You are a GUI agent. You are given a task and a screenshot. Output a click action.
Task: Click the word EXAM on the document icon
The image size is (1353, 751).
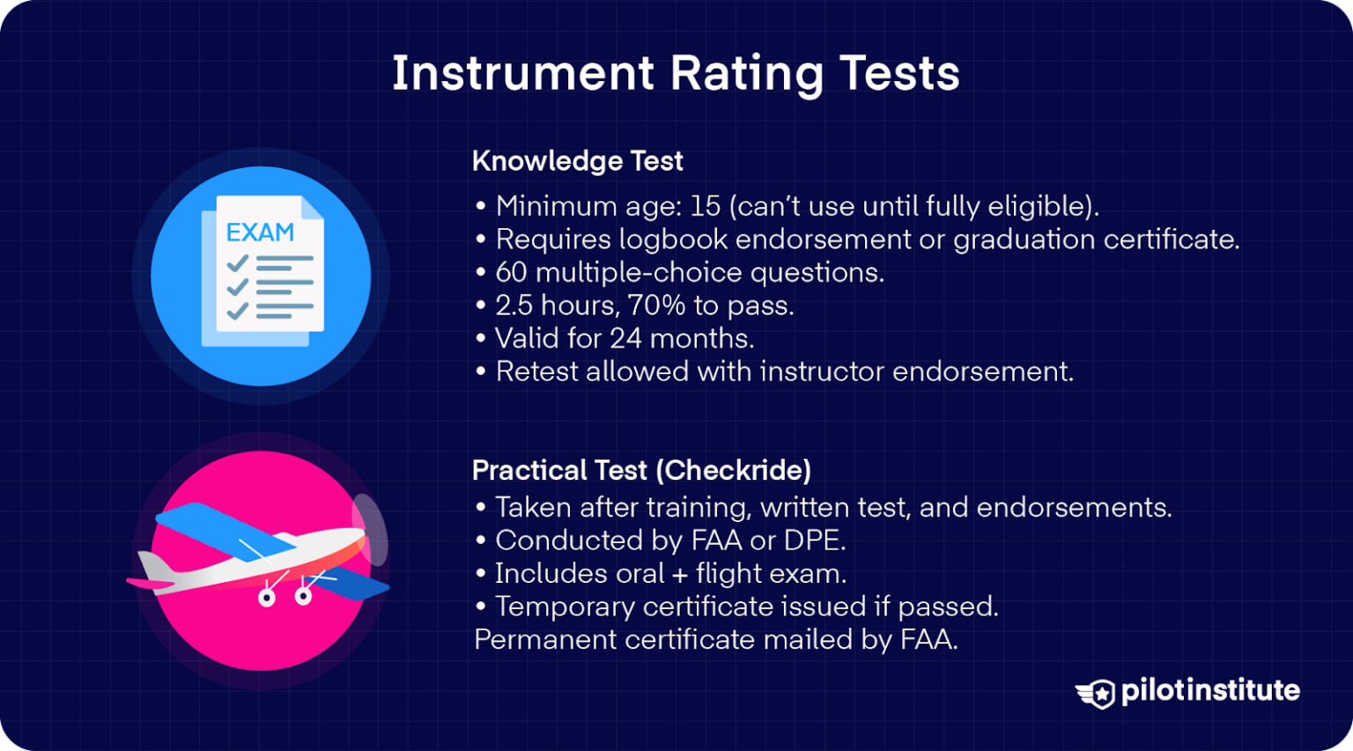(x=260, y=232)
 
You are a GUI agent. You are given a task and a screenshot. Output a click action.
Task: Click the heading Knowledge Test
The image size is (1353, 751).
(x=577, y=161)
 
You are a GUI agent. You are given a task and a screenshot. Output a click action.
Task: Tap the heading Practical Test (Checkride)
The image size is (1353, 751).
(x=641, y=470)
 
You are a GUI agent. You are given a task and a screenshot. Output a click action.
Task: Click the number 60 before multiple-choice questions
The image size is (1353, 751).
(x=511, y=273)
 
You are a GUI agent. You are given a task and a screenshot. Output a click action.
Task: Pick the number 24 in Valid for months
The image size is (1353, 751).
(x=625, y=339)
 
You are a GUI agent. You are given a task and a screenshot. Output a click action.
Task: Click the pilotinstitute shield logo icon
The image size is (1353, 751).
(x=1097, y=693)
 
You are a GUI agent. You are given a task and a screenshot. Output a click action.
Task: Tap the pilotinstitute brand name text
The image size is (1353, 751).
(x=1210, y=690)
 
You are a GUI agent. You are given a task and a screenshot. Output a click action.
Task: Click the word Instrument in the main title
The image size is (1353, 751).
(x=522, y=73)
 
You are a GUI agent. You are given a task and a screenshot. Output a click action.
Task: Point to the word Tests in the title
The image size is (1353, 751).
(x=899, y=73)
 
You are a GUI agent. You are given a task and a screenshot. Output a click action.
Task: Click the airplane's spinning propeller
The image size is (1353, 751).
(x=370, y=530)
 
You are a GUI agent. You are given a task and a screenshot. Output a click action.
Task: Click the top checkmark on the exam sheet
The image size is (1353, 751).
(x=237, y=263)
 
